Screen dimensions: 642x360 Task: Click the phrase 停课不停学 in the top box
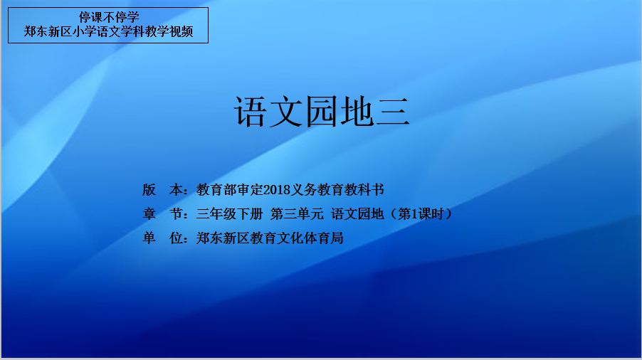(109, 17)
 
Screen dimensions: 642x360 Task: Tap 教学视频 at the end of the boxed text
(169, 31)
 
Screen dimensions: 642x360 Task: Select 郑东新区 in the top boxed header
(48, 31)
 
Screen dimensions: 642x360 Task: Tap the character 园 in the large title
(322, 112)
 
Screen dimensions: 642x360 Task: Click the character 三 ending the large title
(392, 112)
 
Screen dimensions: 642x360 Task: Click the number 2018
(277, 190)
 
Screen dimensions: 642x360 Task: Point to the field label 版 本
(162, 190)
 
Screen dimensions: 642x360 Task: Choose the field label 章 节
(162, 214)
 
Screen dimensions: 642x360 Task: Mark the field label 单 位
(162, 238)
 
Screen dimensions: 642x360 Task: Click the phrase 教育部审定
(230, 190)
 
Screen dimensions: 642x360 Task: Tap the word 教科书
(364, 190)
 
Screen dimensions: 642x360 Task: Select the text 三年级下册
(230, 214)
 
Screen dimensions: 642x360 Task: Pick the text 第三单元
(297, 214)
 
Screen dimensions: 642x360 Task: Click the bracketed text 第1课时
(421, 214)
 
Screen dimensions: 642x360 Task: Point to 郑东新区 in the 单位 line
(223, 238)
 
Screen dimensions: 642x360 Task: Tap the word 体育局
(323, 238)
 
